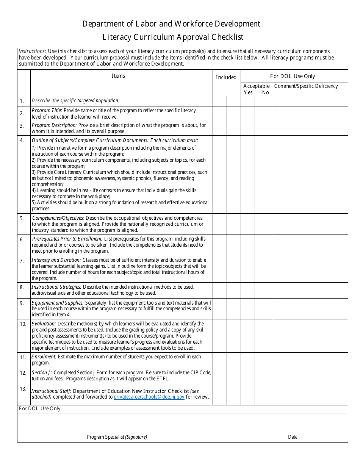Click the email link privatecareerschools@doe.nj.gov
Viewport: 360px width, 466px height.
149,397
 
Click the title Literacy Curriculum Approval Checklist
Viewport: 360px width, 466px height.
173,37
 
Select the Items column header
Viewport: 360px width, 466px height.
118,76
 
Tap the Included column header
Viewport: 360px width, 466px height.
226,77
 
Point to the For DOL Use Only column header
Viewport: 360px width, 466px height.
293,76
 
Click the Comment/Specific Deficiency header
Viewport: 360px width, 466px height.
306,86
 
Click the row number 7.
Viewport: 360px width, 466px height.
22,261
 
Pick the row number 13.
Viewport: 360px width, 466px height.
23,389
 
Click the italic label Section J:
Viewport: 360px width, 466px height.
42,372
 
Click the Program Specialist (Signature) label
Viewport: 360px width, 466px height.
117,437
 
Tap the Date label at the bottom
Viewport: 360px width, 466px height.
293,437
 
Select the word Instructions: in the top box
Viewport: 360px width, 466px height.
32,51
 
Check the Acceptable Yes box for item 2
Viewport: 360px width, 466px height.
248,113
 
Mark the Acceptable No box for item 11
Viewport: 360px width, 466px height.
264,360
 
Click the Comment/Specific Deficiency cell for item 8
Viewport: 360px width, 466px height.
310,290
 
